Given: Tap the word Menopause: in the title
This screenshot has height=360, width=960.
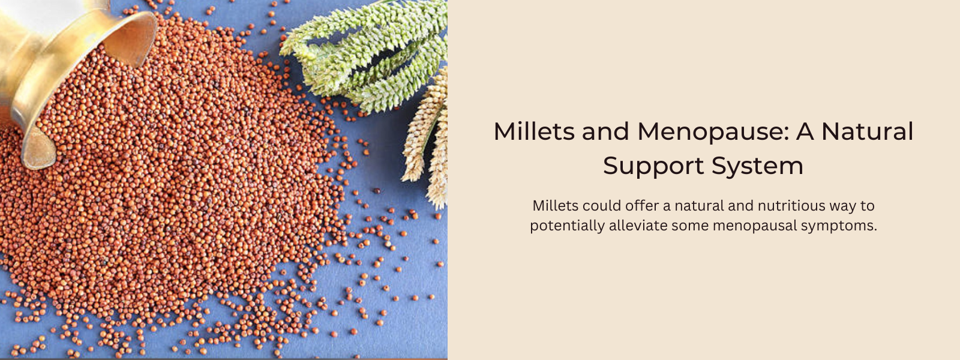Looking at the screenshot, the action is (x=713, y=132).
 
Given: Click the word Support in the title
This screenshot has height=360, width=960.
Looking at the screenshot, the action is (x=653, y=166).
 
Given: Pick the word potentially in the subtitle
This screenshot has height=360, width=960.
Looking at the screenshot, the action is (x=568, y=226).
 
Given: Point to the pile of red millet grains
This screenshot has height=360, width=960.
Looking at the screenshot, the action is (x=172, y=180).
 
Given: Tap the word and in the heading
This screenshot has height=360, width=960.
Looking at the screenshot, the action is (x=606, y=131).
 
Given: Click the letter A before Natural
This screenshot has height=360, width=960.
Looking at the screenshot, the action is (x=805, y=131).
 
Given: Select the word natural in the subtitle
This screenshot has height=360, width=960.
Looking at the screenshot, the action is (x=700, y=206).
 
